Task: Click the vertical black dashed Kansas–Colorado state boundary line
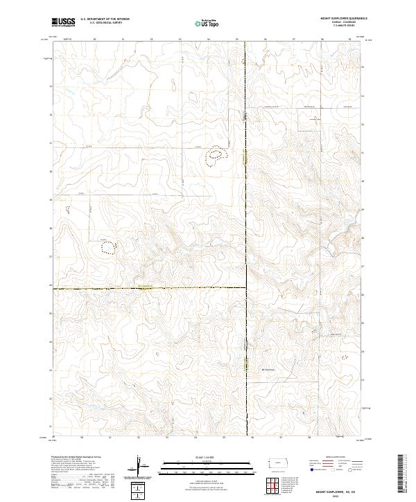point(247,208)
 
